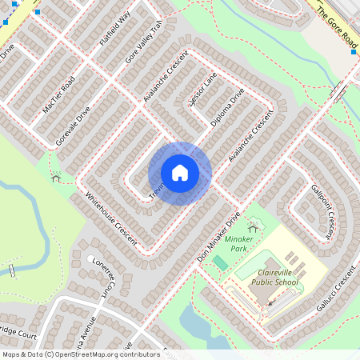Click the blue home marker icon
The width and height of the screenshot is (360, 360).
click(180, 173)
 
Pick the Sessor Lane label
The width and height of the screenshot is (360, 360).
click(201, 92)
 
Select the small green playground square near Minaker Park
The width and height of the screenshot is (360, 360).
click(220, 262)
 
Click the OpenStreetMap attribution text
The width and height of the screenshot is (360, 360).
click(80, 354)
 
